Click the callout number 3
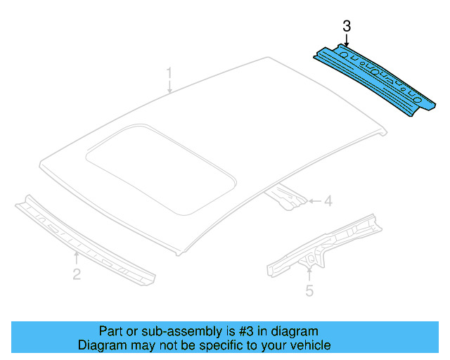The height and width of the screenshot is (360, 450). tap(346, 27)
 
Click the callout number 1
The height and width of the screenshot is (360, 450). tap(169, 72)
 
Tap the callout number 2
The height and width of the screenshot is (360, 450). tap(77, 274)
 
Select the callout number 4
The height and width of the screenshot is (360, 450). tap(327, 202)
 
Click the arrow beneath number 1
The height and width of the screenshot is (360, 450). tap(169, 86)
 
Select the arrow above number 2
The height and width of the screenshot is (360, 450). tap(77, 257)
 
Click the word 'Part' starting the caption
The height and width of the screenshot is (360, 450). tap(111, 331)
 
